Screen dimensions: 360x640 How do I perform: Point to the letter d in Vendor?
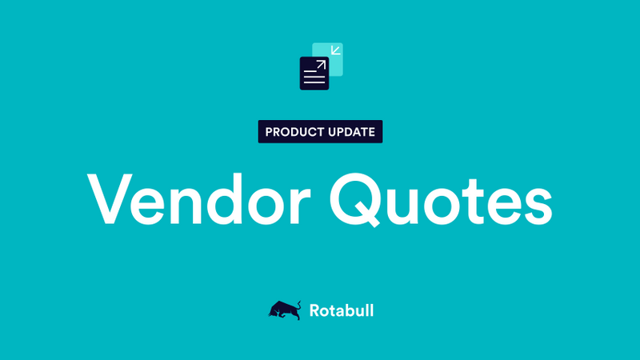pos(241,196)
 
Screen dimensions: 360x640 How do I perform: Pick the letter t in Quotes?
pos(473,198)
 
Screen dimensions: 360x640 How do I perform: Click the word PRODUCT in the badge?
pos(294,132)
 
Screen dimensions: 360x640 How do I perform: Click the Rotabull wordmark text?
pos(341,310)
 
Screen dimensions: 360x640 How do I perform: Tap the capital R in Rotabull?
pos(314,310)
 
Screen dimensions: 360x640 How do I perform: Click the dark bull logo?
pos(284,310)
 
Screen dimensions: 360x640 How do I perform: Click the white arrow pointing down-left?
pos(336,51)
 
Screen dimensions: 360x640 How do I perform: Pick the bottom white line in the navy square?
pos(314,82)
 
